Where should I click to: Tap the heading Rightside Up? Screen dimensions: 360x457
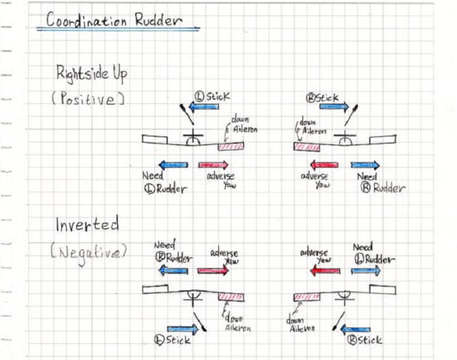click(x=92, y=74)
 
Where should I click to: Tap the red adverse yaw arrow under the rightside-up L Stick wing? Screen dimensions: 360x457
click(x=213, y=165)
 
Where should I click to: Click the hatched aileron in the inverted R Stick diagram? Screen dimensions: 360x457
click(x=307, y=296)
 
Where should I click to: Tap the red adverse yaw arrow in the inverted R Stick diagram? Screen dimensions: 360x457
click(x=324, y=271)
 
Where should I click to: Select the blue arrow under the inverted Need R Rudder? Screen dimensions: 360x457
click(x=173, y=271)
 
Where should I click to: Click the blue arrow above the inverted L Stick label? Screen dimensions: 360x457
click(x=182, y=329)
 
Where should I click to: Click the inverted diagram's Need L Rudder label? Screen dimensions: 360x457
click(x=369, y=254)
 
